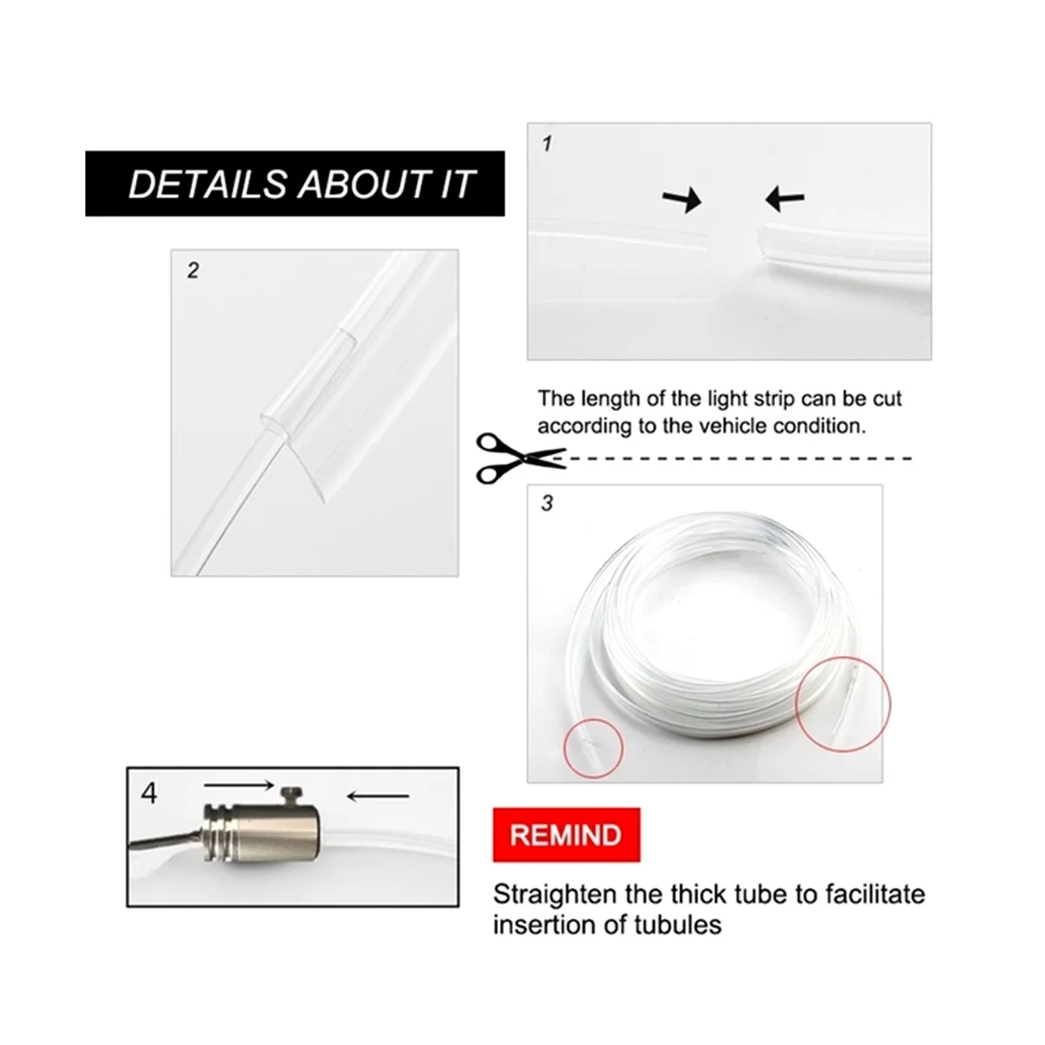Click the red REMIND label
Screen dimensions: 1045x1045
566,835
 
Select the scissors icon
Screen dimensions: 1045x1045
520,459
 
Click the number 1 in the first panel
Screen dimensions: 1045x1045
547,144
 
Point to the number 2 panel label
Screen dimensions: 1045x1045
193,270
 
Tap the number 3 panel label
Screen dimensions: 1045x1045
547,503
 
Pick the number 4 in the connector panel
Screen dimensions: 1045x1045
149,793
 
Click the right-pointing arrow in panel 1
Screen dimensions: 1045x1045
682,200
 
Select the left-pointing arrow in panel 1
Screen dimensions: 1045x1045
785,199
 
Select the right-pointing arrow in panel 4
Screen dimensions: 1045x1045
239,784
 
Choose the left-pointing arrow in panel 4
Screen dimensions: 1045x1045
378,796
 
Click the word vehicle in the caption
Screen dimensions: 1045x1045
731,426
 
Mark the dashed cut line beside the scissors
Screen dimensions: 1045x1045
732,459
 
